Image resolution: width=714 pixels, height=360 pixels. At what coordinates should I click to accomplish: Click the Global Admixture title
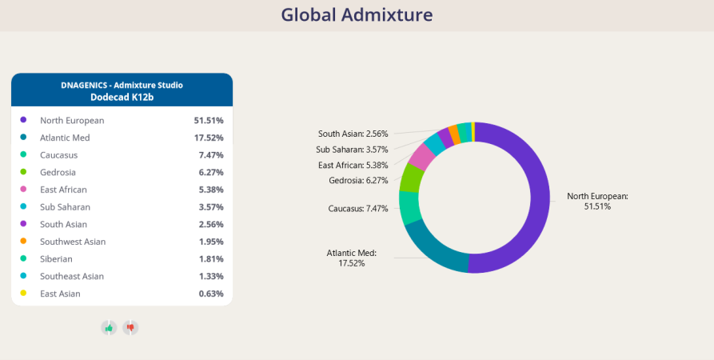click(x=357, y=14)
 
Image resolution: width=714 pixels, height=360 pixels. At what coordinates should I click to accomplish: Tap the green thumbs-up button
click(x=109, y=328)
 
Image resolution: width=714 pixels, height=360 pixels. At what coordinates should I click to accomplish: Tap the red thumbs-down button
click(x=130, y=328)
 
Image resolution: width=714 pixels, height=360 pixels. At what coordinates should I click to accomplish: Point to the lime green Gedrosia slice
click(x=409, y=178)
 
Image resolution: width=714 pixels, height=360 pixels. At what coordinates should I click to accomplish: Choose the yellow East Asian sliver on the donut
click(x=473, y=132)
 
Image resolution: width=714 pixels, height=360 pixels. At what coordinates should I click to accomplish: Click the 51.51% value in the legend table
click(x=209, y=120)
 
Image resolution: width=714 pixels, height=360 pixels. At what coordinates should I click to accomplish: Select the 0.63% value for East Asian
click(x=211, y=294)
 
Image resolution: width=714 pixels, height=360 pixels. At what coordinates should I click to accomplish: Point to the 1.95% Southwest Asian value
click(x=211, y=242)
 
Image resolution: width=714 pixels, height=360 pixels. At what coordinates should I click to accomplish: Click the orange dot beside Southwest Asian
click(x=23, y=241)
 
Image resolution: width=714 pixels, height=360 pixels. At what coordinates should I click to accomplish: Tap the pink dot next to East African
click(x=23, y=189)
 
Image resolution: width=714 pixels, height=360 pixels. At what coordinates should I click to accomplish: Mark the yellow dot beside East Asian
click(x=23, y=293)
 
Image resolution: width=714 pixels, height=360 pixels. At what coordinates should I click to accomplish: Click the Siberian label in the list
click(x=56, y=259)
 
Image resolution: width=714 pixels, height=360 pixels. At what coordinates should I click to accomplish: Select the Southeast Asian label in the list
click(x=72, y=276)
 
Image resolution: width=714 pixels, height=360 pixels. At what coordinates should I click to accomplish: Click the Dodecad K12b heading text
click(x=122, y=97)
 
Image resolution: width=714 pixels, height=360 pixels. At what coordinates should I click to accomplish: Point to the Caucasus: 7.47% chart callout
click(x=358, y=209)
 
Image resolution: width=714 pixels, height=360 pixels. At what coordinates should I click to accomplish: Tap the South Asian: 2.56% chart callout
click(x=353, y=134)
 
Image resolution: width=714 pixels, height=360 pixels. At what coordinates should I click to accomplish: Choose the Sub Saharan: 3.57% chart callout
click(x=352, y=150)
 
